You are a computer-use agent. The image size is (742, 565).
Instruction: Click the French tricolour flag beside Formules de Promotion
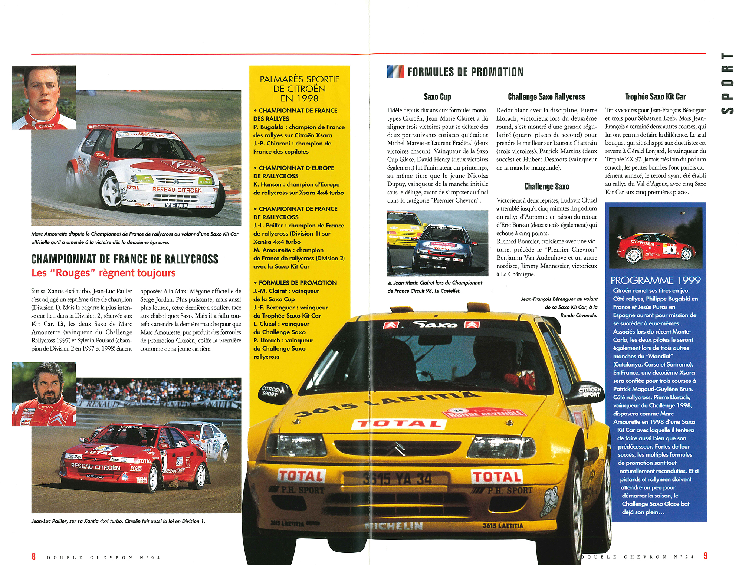(395, 72)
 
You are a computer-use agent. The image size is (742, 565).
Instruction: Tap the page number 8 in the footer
(34, 556)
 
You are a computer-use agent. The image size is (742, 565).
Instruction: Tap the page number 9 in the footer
(705, 556)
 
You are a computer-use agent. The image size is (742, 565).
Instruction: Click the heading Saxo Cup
(437, 97)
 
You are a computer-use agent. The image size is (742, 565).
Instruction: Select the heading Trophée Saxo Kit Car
(655, 97)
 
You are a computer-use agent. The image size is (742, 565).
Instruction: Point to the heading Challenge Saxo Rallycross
(546, 97)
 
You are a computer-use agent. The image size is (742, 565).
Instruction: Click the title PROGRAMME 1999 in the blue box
(656, 280)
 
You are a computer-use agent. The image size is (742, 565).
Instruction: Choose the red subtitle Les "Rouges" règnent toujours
(104, 273)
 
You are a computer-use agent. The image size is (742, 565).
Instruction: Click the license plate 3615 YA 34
(397, 479)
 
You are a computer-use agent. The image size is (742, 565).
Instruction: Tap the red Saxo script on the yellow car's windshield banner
(435, 325)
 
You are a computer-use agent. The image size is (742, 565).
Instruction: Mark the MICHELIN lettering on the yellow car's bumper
(394, 526)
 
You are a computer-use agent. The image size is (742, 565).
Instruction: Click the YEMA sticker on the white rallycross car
(177, 206)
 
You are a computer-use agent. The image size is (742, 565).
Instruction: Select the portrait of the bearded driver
(44, 394)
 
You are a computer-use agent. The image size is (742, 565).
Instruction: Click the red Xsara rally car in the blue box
(656, 247)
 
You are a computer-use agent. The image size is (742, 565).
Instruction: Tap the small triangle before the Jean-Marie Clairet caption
(390, 283)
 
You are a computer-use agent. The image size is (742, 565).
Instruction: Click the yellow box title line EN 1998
(299, 98)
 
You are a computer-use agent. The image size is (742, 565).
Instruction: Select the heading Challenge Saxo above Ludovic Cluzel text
(546, 187)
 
